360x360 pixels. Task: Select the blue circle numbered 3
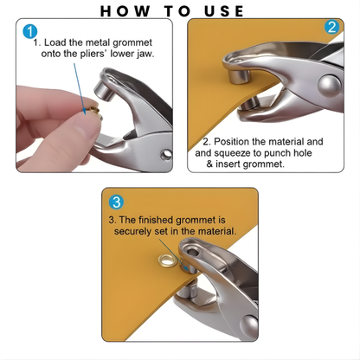click(117, 202)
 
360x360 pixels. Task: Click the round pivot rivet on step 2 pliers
click(328, 85)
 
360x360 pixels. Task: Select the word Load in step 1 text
click(54, 41)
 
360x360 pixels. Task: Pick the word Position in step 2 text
click(230, 141)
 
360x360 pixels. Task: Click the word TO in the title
click(172, 10)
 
